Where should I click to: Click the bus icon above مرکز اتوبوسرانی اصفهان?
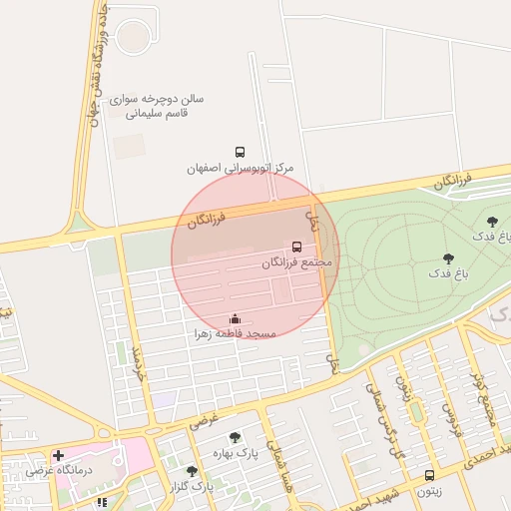pos(240,152)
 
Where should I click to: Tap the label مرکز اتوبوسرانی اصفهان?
pos(241,169)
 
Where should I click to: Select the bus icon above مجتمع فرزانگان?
pos(296,247)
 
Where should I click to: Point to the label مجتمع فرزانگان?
pos(296,262)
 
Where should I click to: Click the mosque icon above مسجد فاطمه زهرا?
pos(235,319)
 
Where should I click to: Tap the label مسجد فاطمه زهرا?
pos(235,335)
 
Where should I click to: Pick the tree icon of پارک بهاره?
pos(235,437)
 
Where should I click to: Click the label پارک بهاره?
pos(235,453)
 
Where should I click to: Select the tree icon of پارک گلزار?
pos(192,470)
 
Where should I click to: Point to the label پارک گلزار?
pos(192,486)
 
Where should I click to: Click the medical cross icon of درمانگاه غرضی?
pos(58,454)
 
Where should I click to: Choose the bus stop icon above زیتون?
pos(430,476)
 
